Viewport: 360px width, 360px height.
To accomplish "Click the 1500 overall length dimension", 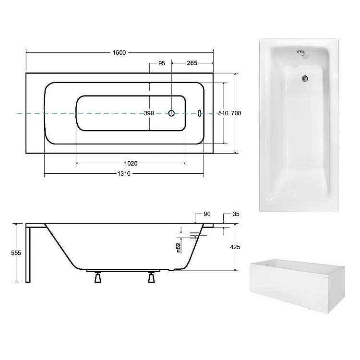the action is [119, 53].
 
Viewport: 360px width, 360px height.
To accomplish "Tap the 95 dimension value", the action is [162, 63].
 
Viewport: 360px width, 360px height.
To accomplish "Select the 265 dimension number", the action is [192, 63].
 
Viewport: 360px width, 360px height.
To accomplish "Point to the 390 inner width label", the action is [149, 113].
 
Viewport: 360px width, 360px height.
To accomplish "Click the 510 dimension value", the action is [223, 113].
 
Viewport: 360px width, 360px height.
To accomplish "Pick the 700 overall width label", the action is [236, 113].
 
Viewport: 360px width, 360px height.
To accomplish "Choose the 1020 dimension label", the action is [131, 164].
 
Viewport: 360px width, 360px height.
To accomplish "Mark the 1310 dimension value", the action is [124, 174].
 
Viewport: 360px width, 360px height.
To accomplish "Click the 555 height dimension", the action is [16, 253].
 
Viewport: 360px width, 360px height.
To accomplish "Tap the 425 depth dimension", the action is [235, 247].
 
